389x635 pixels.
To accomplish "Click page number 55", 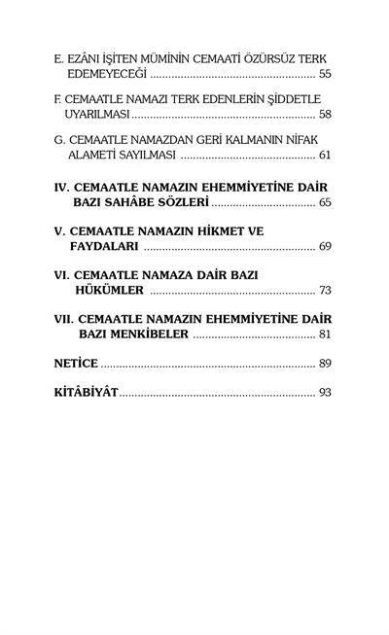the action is pyautogui.click(x=324, y=74).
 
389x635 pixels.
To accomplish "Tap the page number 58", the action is pyautogui.click(x=324, y=115).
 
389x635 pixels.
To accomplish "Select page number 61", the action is pyautogui.click(x=324, y=156).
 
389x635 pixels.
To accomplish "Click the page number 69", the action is pyautogui.click(x=324, y=247).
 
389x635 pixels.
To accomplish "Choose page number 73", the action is pyautogui.click(x=324, y=291).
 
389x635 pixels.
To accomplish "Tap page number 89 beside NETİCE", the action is pyautogui.click(x=324, y=364).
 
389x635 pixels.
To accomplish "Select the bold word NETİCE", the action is pyautogui.click(x=76, y=364).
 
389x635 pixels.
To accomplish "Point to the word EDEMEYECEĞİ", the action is pyautogui.click(x=108, y=74).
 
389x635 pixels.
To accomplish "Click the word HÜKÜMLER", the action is pyautogui.click(x=110, y=291).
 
